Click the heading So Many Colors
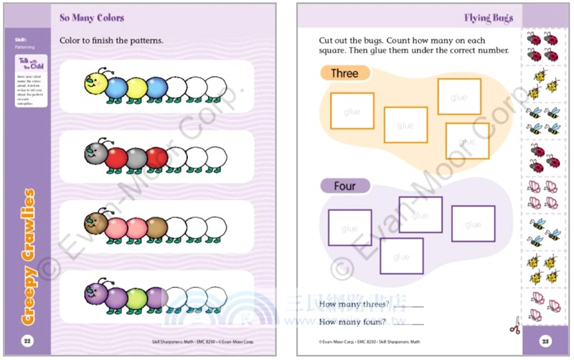[x=92, y=17]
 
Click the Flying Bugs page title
[x=488, y=18]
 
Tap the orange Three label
[x=345, y=73]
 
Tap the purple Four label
[x=345, y=186]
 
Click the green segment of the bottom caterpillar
[x=136, y=296]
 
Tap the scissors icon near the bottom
[x=513, y=329]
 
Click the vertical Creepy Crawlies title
[x=28, y=255]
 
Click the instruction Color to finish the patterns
[x=111, y=40]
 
